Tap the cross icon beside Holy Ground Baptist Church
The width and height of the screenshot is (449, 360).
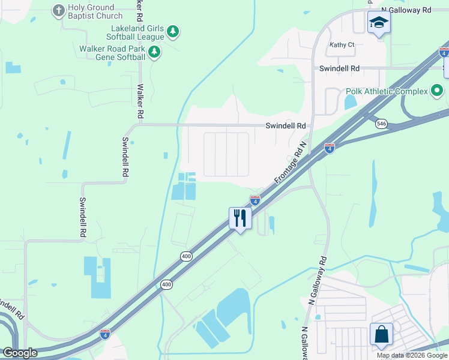[58, 10]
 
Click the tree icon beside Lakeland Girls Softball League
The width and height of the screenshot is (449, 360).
[173, 31]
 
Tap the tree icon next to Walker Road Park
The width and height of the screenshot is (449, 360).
[154, 52]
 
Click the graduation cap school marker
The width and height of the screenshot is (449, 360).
[379, 23]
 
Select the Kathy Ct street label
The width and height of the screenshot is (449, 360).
[342, 44]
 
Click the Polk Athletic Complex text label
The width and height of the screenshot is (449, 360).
[387, 91]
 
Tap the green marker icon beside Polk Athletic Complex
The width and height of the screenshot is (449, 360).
[437, 91]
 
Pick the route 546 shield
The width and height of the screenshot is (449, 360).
[381, 124]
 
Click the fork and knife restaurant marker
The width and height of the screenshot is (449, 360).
[240, 218]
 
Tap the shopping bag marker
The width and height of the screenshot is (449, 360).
[382, 335]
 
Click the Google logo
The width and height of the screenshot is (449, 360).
[20, 353]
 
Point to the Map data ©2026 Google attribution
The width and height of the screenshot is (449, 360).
[412, 355]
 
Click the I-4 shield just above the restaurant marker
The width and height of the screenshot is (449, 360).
[255, 200]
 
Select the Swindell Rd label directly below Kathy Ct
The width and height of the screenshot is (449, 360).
[339, 69]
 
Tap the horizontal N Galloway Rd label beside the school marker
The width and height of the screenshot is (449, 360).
[411, 10]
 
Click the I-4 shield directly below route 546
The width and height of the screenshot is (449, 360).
[330, 148]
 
